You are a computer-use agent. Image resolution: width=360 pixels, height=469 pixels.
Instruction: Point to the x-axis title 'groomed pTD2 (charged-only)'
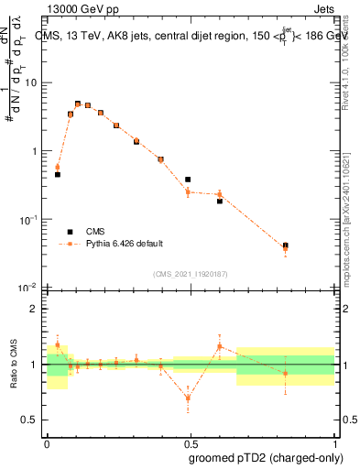tap(266, 458)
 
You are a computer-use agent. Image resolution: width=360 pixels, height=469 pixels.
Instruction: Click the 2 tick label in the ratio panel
tap(36, 309)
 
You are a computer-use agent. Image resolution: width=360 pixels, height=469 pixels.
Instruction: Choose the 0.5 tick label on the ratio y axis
tap(32, 420)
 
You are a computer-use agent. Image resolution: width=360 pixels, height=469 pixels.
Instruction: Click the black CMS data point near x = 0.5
tap(188, 180)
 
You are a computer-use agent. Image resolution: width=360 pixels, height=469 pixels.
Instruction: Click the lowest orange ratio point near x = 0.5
tap(188, 398)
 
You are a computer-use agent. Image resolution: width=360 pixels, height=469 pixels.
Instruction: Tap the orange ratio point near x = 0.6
tap(220, 346)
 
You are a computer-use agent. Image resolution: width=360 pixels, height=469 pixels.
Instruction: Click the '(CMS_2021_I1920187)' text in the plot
tap(191, 273)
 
